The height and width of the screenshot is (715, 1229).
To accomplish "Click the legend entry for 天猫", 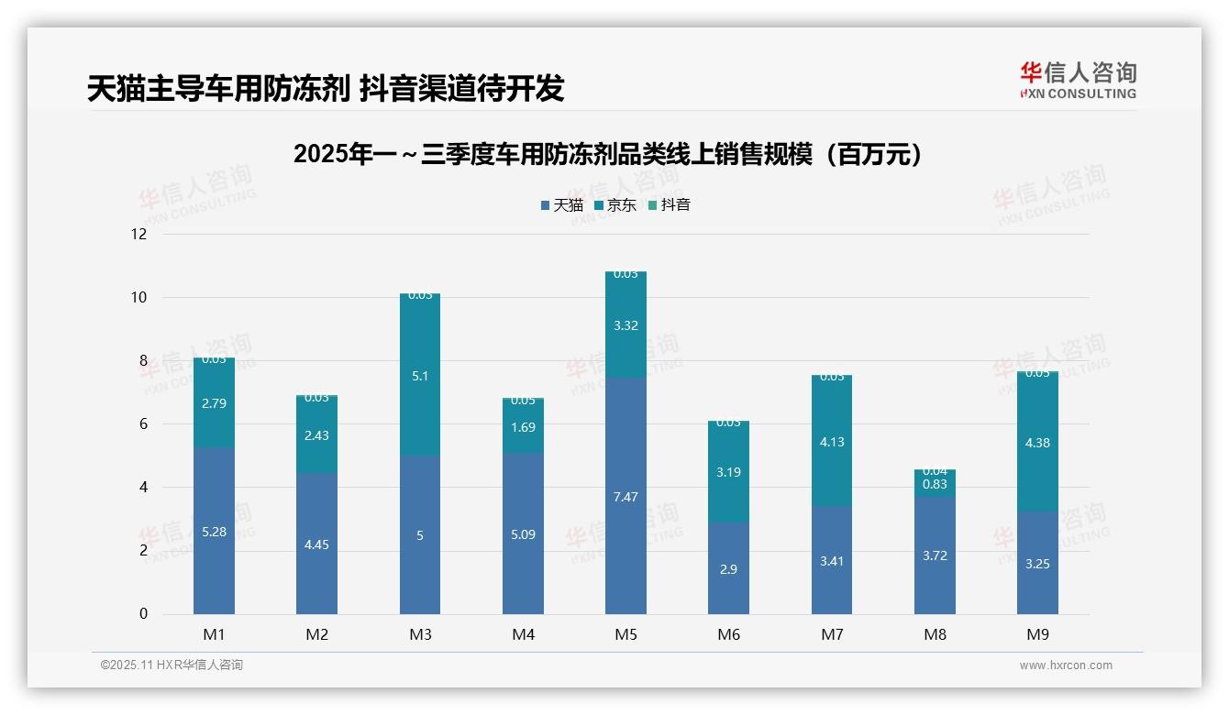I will point(561,205).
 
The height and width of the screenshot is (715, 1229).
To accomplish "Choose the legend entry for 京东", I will point(614,205).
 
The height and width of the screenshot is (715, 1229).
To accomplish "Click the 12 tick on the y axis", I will point(138,234).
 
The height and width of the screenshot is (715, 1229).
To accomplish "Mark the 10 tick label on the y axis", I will point(138,297).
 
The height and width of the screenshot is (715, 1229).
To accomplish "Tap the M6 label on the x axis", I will point(729,634).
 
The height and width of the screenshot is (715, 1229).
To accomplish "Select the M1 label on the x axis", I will point(214,634).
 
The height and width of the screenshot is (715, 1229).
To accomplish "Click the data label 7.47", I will point(626,497).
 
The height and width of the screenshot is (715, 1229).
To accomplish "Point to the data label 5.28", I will point(214,532).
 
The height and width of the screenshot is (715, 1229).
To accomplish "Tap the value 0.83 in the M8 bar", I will point(935,484).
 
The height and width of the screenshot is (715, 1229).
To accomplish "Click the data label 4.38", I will point(1037,443).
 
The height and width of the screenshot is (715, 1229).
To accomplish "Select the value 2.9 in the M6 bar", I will point(728,569).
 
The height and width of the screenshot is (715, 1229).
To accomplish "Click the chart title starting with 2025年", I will point(606,154).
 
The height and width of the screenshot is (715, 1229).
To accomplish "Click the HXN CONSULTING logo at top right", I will point(1078,80).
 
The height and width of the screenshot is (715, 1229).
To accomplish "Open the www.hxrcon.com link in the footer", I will point(1066,665).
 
